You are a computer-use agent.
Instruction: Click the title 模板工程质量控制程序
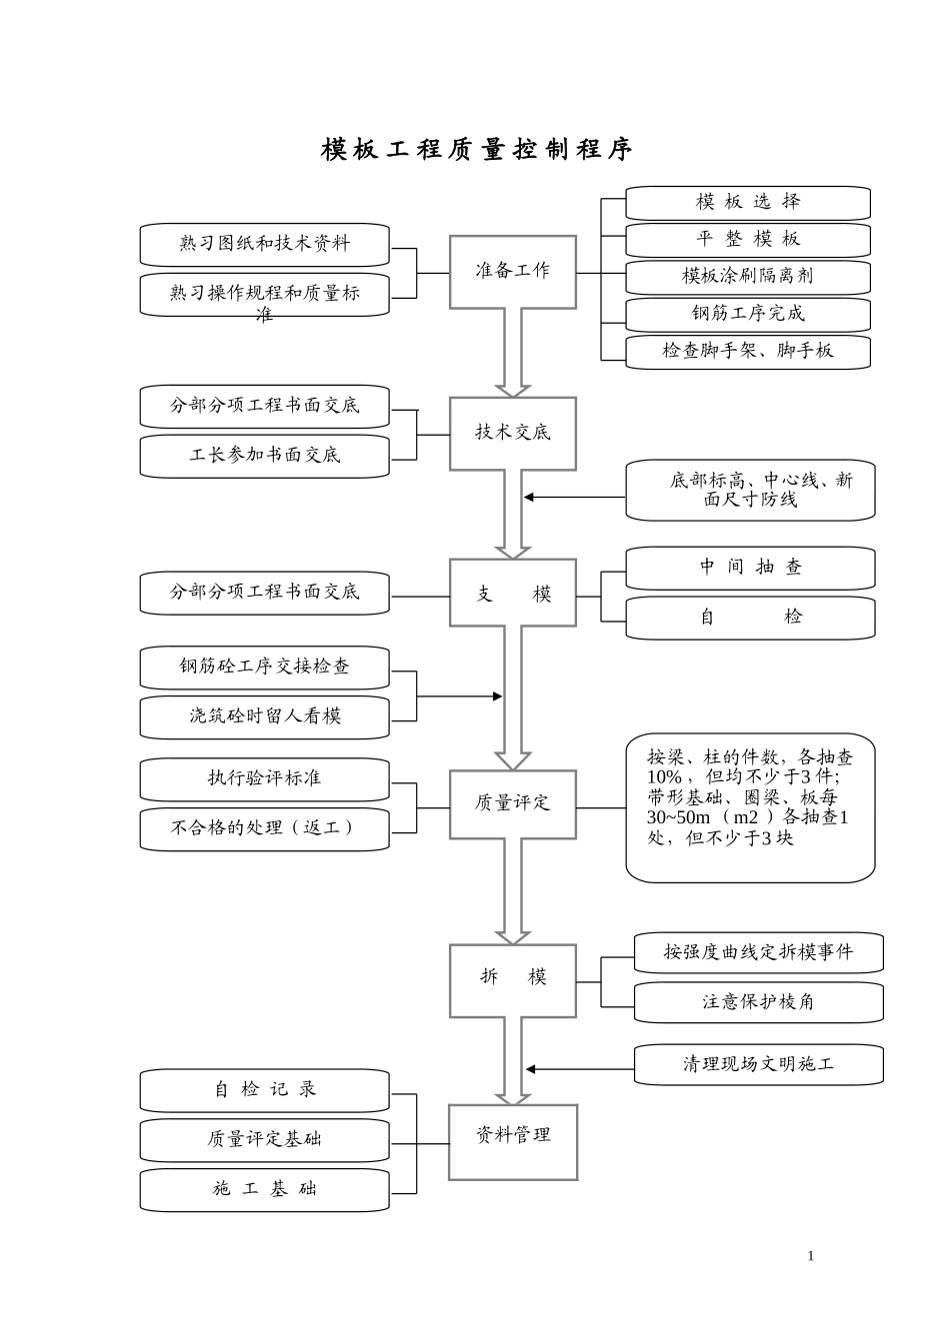(476, 150)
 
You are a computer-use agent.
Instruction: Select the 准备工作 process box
(512, 272)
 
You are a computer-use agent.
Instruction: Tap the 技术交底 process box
(512, 433)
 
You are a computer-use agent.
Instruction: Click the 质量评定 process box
(512, 803)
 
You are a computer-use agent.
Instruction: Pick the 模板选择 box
(748, 202)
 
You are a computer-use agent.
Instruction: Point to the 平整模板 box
(748, 240)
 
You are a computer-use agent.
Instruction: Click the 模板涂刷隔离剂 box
(748, 277)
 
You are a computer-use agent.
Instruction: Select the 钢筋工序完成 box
(748, 314)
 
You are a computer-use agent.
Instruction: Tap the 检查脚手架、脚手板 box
(748, 351)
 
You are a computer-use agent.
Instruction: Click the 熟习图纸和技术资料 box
(264, 244)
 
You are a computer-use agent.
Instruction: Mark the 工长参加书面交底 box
(264, 456)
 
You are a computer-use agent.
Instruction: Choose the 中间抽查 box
(750, 568)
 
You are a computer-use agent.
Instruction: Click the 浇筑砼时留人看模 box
(264, 716)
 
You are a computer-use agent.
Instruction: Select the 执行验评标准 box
(264, 778)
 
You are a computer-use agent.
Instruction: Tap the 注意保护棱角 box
(758, 1001)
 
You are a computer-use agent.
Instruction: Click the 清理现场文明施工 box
(758, 1064)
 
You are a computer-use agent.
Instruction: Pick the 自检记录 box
(264, 1090)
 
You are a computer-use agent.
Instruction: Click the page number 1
(811, 1256)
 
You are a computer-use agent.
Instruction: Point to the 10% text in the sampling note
(664, 777)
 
